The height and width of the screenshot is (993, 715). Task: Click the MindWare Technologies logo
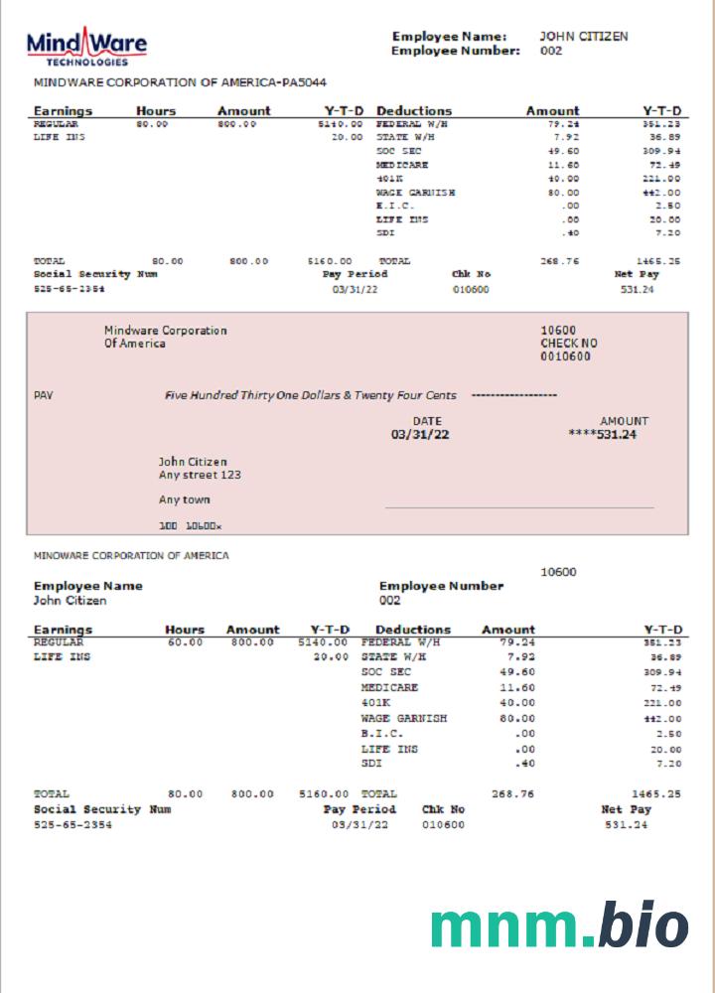(x=86, y=47)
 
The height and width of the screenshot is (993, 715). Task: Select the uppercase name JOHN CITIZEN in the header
(x=584, y=37)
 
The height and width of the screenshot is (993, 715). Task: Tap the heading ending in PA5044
(x=180, y=82)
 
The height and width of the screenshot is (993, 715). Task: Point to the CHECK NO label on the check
(x=569, y=344)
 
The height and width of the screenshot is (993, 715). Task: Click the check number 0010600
(x=565, y=356)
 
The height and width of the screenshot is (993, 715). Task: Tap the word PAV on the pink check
(x=43, y=395)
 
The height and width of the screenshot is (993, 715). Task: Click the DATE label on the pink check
(x=427, y=421)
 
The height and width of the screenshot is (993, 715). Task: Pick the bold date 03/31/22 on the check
(x=420, y=434)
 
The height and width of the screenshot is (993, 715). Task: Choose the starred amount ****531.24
(x=602, y=434)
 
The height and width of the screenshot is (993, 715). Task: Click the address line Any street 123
(x=200, y=475)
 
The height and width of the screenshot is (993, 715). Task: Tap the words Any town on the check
(x=184, y=499)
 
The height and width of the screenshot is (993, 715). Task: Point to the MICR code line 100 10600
(x=191, y=524)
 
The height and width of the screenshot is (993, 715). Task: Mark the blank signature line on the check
(x=519, y=507)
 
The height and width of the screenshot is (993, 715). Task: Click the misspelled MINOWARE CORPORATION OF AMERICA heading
(x=131, y=556)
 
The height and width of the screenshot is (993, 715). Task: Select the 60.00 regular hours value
(x=186, y=642)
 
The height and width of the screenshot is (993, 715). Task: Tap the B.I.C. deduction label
(x=381, y=733)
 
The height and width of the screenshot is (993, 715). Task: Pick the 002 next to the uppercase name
(x=551, y=51)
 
